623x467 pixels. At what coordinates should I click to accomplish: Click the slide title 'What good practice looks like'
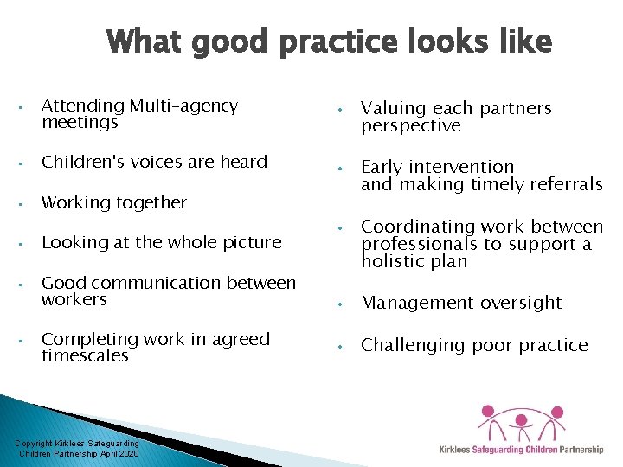click(x=329, y=42)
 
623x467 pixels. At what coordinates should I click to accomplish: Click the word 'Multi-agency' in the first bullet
click(x=183, y=106)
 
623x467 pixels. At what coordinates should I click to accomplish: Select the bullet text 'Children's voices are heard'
click(x=154, y=161)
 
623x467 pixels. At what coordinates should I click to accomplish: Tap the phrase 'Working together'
click(x=113, y=202)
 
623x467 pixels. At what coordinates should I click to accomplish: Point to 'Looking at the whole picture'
click(x=161, y=243)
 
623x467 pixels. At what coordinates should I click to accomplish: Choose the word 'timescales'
click(x=85, y=355)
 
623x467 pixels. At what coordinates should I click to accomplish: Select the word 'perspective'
click(x=410, y=126)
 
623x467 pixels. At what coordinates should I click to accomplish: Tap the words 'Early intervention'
click(x=437, y=167)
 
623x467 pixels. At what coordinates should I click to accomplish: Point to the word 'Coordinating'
click(x=417, y=227)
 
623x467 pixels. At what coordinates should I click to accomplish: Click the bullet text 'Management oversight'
click(x=461, y=303)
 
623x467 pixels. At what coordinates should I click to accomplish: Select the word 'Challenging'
click(x=413, y=345)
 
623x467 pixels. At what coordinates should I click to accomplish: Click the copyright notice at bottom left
click(x=77, y=448)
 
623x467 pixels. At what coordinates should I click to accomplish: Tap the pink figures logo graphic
click(x=523, y=420)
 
